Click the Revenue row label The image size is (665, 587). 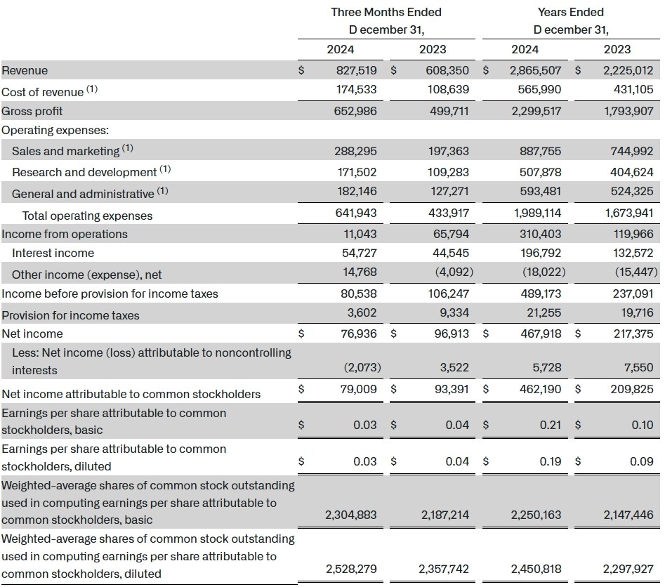(x=25, y=70)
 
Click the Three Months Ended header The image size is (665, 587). (x=386, y=12)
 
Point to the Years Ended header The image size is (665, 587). (x=570, y=12)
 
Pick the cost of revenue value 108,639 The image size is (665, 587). (x=447, y=90)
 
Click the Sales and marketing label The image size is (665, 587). (x=65, y=151)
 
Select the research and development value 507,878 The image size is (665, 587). (x=537, y=172)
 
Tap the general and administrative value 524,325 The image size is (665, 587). (x=630, y=193)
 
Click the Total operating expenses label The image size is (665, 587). (x=87, y=216)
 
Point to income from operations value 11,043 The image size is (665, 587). (x=358, y=234)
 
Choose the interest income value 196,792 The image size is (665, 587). (x=537, y=253)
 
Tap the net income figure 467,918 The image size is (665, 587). (x=537, y=334)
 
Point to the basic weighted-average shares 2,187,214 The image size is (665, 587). (x=445, y=515)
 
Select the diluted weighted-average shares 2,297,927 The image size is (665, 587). (x=627, y=569)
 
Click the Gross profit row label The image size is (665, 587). (x=32, y=111)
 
